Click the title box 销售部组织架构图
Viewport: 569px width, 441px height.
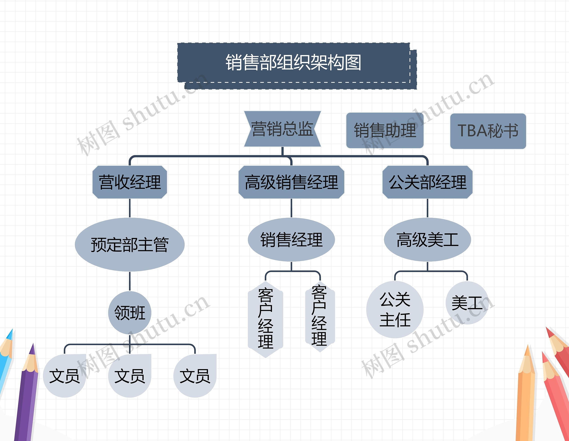294,63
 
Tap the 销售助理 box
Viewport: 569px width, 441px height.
385,130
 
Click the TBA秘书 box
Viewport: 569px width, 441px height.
488,131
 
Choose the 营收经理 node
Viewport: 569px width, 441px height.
130,182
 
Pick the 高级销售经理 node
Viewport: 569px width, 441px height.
291,182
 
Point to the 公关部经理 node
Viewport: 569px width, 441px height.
427,182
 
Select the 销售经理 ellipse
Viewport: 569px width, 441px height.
291,240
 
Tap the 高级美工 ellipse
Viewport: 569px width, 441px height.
427,240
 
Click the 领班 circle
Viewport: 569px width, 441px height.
130,313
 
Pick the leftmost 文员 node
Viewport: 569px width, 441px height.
65,376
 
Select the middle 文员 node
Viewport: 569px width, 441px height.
130,376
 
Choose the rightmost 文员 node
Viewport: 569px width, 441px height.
195,376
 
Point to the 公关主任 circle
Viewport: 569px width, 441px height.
395,310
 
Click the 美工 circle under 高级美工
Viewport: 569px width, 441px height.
467,303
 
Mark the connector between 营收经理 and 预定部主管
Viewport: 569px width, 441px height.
130,208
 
